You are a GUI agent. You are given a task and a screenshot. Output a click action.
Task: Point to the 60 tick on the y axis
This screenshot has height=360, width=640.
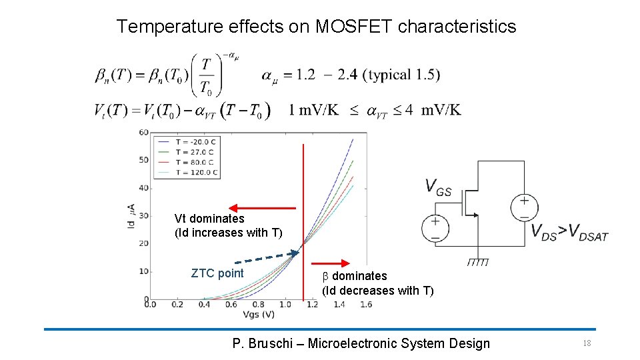[144, 132]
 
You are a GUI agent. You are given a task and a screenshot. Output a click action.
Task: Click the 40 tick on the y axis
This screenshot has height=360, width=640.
[144, 188]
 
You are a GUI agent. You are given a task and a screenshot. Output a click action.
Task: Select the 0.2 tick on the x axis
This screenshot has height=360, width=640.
[177, 305]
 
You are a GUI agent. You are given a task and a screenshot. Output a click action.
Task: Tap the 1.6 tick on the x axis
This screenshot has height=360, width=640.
[365, 305]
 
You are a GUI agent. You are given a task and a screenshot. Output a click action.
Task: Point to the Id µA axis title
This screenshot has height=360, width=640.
[131, 216]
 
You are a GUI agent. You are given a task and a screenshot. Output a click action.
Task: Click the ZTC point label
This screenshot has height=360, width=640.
[217, 273]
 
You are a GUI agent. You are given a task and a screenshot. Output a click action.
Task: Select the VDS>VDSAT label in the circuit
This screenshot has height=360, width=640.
[569, 232]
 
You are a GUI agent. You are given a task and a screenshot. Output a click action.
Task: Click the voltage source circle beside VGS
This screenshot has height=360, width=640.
[435, 229]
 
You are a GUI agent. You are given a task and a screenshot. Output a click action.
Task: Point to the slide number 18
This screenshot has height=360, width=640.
[587, 343]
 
